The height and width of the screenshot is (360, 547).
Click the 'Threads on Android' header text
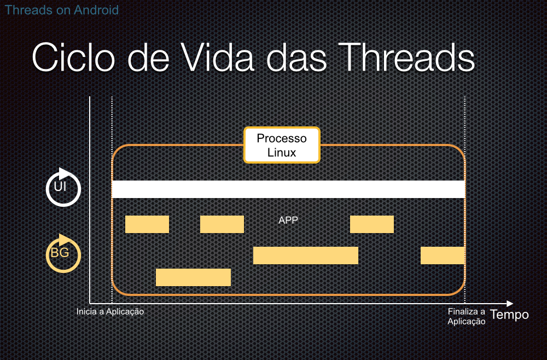pos(61,10)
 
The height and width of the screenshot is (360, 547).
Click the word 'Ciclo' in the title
pos(74,57)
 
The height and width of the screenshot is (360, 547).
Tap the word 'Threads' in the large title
pos(406,57)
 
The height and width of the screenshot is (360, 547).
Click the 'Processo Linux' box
pos(282,145)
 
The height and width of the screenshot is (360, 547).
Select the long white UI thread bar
pos(288,189)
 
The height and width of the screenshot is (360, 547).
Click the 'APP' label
pos(288,220)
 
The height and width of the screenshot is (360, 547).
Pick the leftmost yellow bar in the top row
pos(147,224)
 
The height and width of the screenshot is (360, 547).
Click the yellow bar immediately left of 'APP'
pos(222,224)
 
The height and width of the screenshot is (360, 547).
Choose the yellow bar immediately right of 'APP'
pos(372,224)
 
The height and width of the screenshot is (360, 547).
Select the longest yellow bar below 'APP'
pos(306,256)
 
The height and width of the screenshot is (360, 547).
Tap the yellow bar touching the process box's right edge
pos(443,256)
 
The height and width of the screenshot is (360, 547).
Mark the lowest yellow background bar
pos(193,277)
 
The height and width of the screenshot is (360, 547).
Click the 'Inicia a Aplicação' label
pos(110,311)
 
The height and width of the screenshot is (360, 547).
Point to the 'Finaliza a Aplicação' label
pos(467,316)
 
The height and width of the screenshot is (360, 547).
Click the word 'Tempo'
pos(509,315)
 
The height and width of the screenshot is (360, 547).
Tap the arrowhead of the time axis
pos(510,304)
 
